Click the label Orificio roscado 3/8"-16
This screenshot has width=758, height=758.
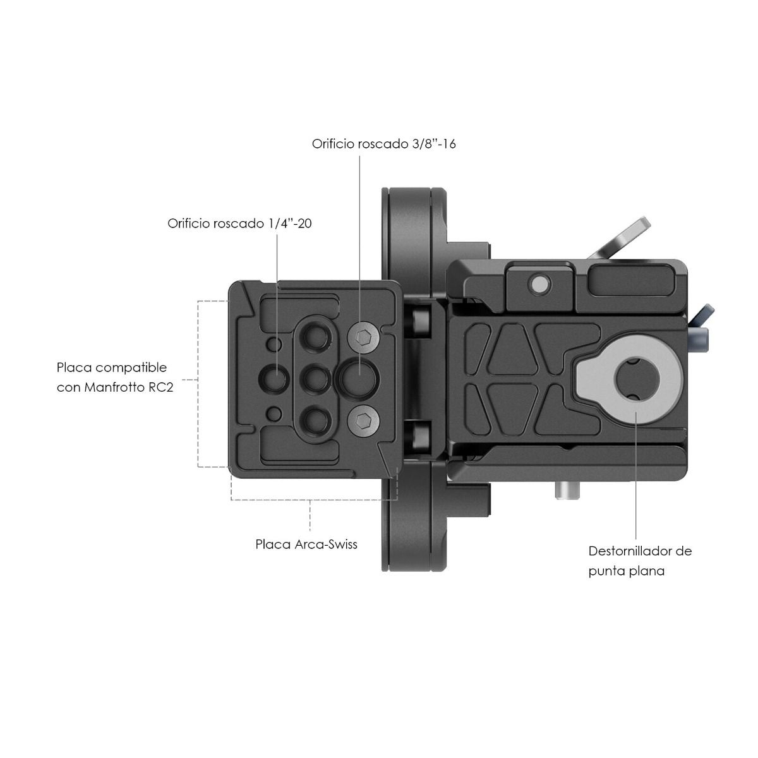[x=383, y=144]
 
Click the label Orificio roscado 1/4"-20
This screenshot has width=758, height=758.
[x=239, y=224]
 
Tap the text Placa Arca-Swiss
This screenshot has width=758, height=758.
[x=306, y=544]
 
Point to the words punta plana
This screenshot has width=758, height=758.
[x=626, y=571]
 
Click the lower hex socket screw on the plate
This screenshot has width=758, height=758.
[x=363, y=421]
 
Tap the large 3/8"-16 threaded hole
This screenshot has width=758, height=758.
[x=359, y=379]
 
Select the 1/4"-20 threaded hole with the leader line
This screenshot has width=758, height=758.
[x=274, y=378]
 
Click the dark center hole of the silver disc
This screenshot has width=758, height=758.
[x=637, y=379]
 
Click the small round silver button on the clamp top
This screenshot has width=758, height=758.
[x=539, y=282]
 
